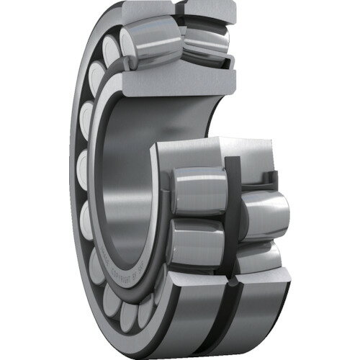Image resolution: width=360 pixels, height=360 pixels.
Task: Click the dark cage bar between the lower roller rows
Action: [x=232, y=216]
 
